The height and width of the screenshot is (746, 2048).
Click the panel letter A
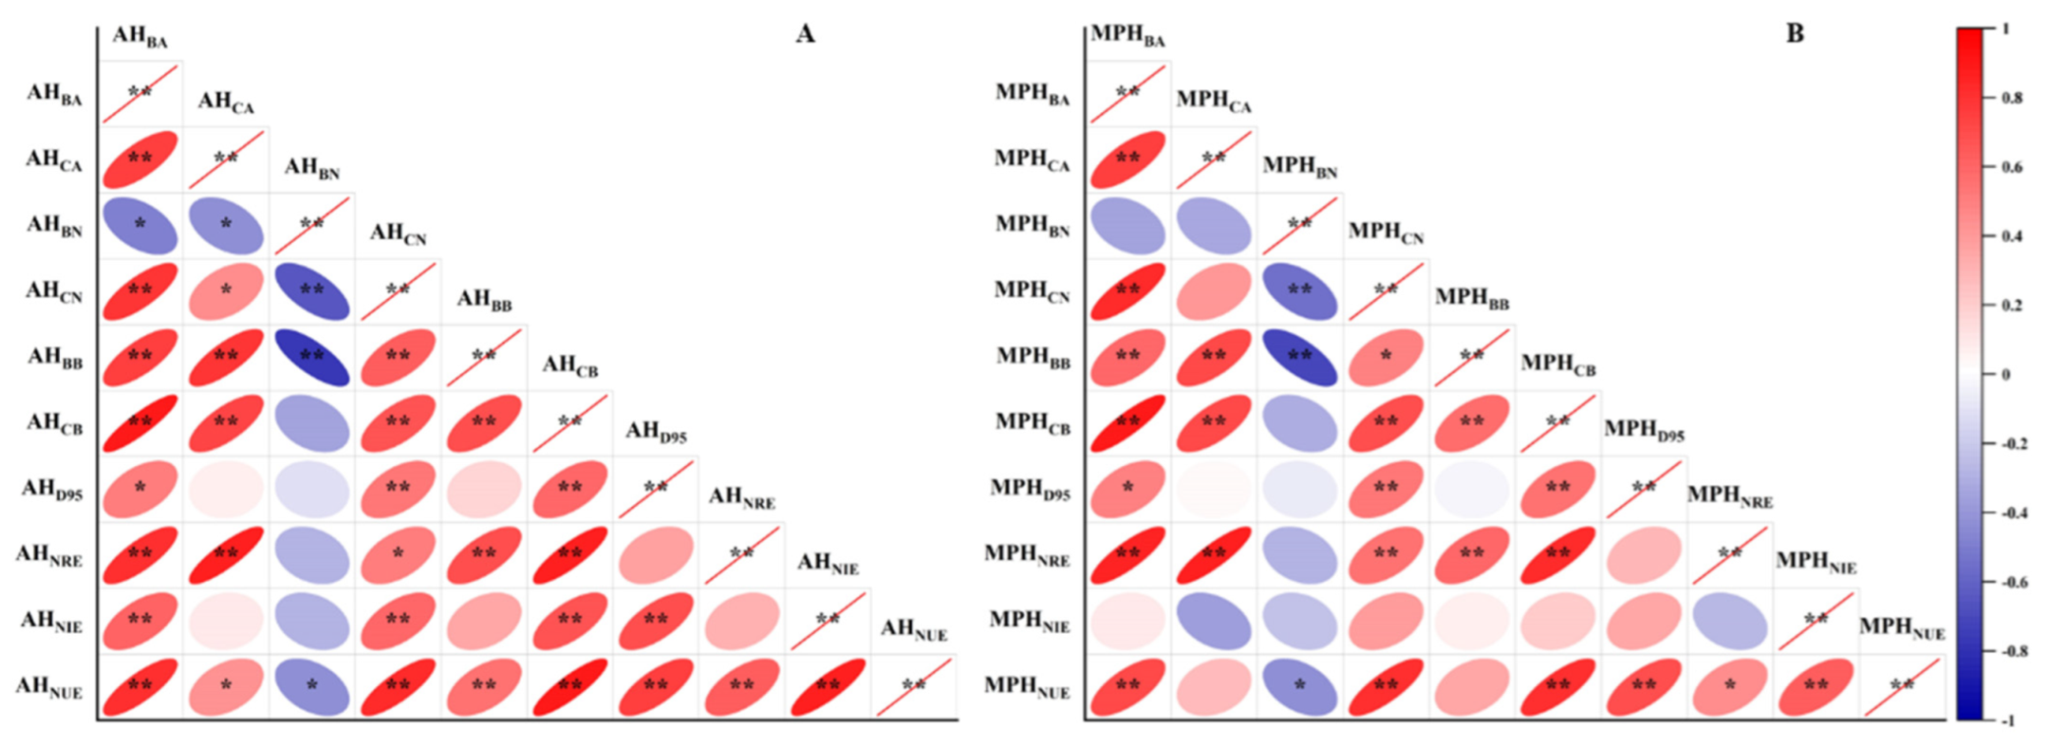tap(805, 34)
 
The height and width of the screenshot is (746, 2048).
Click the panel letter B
tap(1794, 34)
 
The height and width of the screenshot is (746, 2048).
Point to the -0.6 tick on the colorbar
tap(2010, 582)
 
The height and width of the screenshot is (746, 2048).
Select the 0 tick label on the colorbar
tap(2006, 374)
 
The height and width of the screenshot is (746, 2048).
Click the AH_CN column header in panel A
tap(398, 234)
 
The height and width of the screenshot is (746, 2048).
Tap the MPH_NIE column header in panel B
tap(1816, 562)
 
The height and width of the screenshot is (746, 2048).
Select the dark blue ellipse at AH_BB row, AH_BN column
tap(312, 357)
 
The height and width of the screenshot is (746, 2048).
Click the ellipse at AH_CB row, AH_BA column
tap(140, 423)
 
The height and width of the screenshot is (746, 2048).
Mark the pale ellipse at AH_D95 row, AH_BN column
tap(312, 488)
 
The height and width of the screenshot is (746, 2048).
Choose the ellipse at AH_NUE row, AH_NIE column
tap(828, 686)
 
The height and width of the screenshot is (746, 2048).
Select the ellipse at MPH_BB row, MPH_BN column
tap(1300, 357)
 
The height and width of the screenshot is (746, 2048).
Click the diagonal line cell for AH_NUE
tap(913, 686)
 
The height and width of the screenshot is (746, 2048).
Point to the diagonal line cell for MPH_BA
tap(1128, 93)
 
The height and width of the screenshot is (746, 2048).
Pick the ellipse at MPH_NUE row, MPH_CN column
tap(1385, 686)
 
